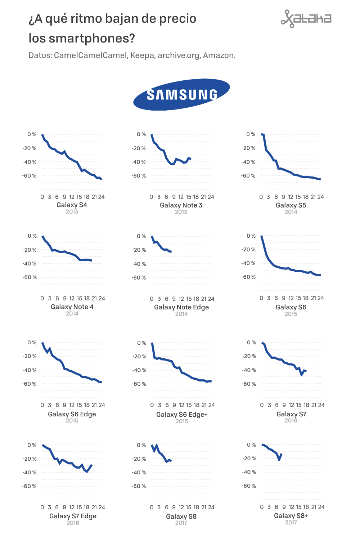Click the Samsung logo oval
[181, 94]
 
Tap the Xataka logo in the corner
[306, 19]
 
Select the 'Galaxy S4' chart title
[72, 205]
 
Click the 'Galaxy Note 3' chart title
[181, 205]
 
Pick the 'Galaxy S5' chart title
[291, 205]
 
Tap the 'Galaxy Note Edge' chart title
[181, 307]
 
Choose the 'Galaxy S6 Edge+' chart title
[182, 415]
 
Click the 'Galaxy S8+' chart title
[291, 516]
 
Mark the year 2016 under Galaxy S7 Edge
[73, 523]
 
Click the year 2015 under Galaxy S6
[291, 314]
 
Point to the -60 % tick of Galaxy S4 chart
[30, 176]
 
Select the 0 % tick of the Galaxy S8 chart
[141, 445]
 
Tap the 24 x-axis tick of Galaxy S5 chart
[320, 197]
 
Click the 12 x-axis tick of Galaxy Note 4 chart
[72, 299]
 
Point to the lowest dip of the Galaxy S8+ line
[279, 460]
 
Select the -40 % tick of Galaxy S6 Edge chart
[30, 370]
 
